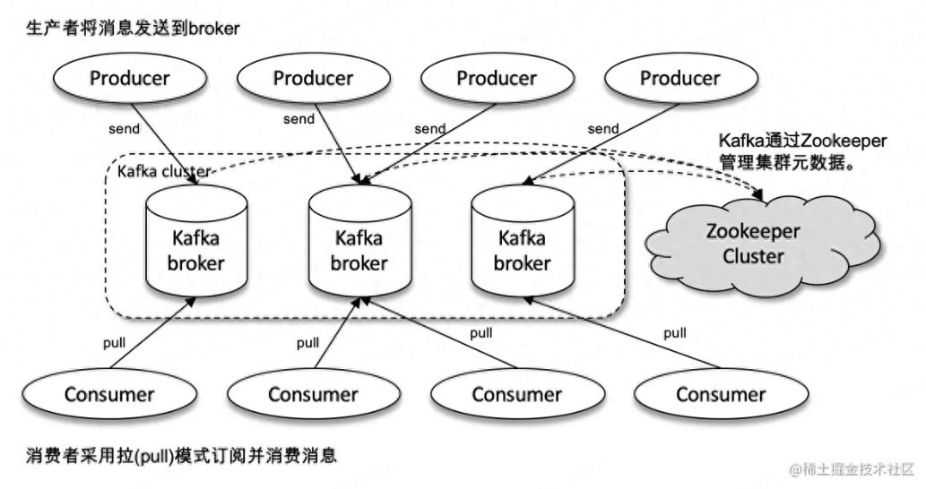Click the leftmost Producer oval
click(130, 79)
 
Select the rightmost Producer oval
click(680, 79)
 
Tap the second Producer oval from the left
click(313, 79)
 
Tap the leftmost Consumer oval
click(109, 395)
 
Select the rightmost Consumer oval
click(721, 395)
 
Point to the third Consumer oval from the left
click(517, 395)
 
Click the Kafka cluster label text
click(163, 172)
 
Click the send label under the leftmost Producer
click(124, 129)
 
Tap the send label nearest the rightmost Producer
click(603, 129)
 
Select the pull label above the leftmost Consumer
click(114, 343)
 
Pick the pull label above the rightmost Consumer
click(674, 333)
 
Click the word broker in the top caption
click(214, 29)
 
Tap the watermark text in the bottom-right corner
click(852, 470)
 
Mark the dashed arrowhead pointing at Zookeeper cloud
click(758, 193)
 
